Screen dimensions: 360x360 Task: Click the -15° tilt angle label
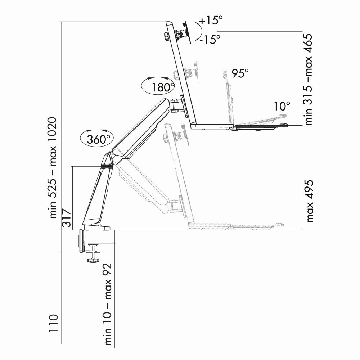[x=211, y=39]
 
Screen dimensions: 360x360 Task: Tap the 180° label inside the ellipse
[x=162, y=87]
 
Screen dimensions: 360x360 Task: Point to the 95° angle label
[x=240, y=73]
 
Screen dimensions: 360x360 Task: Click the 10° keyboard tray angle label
[x=282, y=106]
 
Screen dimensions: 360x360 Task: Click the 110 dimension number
[x=53, y=325]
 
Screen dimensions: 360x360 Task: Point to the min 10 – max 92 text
[x=108, y=304]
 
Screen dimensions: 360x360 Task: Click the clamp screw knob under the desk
[x=93, y=260]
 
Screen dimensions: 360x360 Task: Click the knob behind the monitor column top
[x=166, y=36]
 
